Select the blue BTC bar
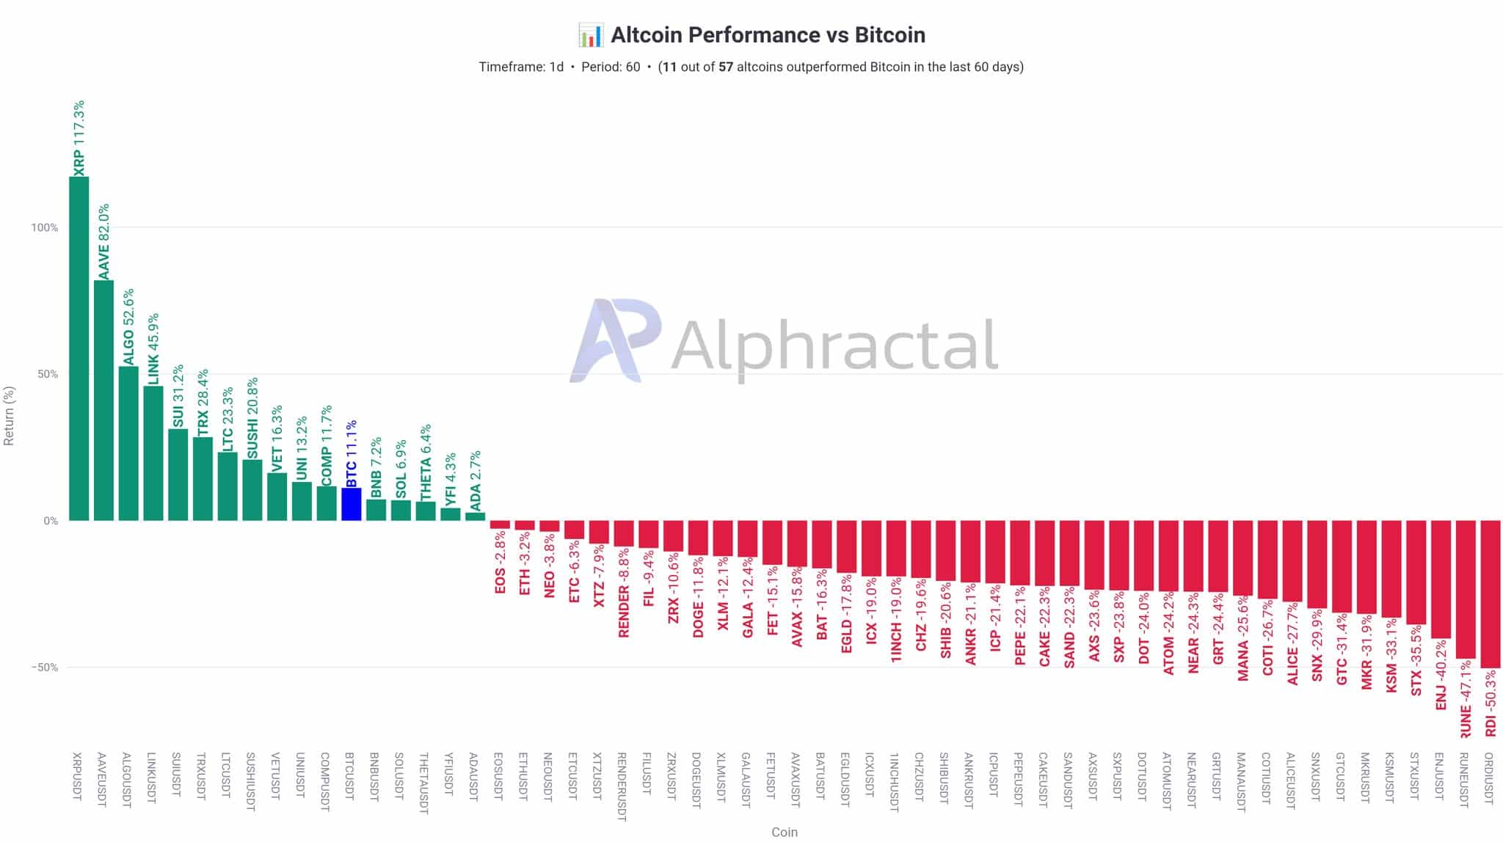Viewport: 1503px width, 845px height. (x=352, y=505)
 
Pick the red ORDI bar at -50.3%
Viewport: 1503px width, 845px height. (x=1490, y=594)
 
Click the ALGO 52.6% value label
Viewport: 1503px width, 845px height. (x=128, y=326)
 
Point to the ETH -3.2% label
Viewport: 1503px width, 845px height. (x=525, y=563)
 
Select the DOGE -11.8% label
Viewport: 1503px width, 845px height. (x=698, y=596)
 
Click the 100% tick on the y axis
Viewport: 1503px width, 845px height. (x=44, y=227)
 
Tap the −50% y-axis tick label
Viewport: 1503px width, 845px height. (x=44, y=667)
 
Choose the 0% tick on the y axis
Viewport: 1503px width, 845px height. (x=50, y=521)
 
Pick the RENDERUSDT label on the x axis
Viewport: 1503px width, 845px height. (x=623, y=786)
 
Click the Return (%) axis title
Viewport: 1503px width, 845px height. (x=10, y=415)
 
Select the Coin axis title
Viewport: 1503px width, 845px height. (x=784, y=832)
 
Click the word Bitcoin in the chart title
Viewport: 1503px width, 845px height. (x=889, y=35)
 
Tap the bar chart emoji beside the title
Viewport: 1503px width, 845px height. (x=590, y=35)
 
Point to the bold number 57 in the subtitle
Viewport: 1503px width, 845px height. (x=726, y=67)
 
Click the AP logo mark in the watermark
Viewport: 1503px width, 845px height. (x=615, y=340)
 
